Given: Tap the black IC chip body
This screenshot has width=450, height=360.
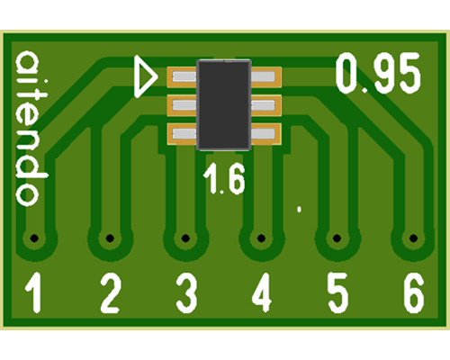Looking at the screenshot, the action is [x=224, y=105].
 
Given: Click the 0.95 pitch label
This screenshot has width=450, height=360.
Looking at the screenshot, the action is [x=378, y=73].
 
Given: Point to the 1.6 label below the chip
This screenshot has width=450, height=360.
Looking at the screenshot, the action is [x=224, y=179].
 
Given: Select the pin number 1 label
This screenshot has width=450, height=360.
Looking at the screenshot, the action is [x=34, y=292].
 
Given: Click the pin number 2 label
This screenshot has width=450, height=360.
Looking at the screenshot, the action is [x=111, y=292].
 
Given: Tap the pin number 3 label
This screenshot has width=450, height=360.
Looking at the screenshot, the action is [x=186, y=292].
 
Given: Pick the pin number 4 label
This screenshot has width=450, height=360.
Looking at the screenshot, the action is [x=262, y=292].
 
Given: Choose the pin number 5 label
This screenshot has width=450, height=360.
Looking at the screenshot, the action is [x=337, y=292].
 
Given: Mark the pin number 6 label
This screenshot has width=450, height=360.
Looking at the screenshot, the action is [x=414, y=292].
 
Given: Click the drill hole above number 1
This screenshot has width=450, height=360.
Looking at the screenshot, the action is [x=34, y=238].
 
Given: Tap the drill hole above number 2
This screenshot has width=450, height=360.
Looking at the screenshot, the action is [x=110, y=238].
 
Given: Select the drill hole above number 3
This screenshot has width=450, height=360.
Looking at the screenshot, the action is [x=185, y=238].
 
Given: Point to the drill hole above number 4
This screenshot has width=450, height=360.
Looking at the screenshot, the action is [x=261, y=238].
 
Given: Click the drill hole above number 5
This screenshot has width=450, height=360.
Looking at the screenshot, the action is [x=337, y=238].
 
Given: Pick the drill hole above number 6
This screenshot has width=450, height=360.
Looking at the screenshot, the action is [x=414, y=238].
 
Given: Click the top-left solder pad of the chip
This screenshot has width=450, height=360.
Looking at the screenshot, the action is [x=182, y=77].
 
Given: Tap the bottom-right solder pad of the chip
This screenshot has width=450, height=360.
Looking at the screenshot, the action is [x=265, y=134].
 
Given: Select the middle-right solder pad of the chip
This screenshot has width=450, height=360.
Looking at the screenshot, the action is [x=265, y=105].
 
